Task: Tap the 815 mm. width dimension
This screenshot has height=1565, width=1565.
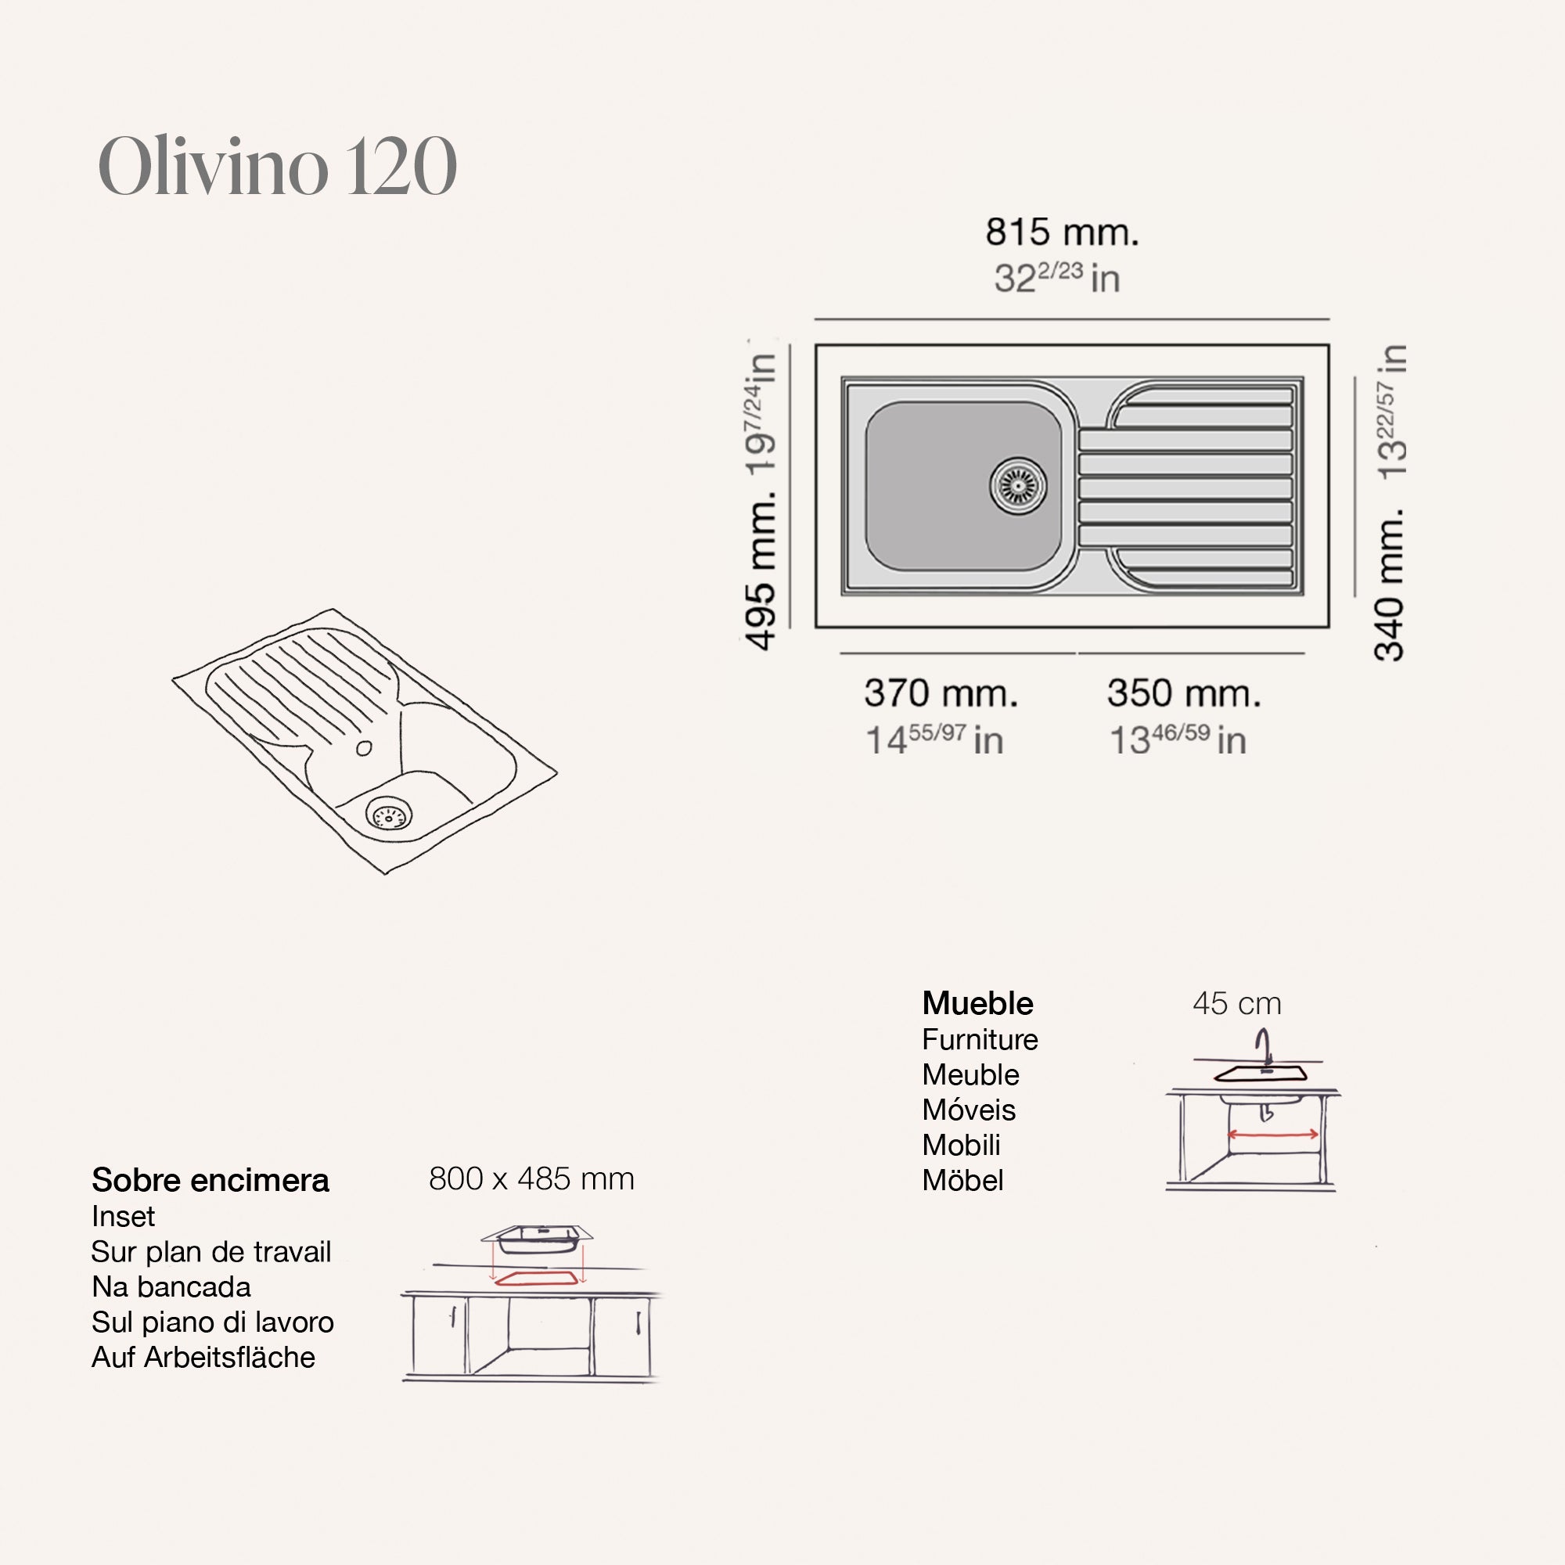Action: point(1062,232)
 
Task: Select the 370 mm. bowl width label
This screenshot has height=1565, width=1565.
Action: point(941,693)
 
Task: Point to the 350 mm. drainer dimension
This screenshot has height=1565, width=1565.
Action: point(1184,693)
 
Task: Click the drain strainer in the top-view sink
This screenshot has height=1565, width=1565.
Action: point(1018,486)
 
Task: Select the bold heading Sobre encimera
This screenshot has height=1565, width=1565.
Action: point(210,1180)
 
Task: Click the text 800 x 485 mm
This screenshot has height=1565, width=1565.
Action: point(531,1178)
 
